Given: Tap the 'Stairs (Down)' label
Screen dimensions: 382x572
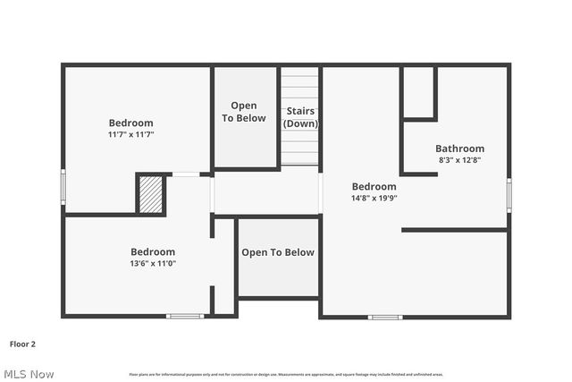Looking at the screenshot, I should [x=300, y=117].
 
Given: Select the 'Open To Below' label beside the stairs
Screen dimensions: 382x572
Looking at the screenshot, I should [x=244, y=112].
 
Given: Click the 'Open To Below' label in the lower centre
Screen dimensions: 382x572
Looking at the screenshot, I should [x=278, y=252].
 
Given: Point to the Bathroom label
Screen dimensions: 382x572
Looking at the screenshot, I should [x=459, y=149].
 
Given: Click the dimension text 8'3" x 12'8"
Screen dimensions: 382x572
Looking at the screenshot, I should [x=459, y=160].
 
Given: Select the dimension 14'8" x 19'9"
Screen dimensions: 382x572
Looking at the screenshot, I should [x=374, y=198].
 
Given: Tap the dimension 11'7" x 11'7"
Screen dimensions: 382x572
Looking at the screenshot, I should [x=130, y=134].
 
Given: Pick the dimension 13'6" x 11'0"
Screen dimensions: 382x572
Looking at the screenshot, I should [x=152, y=263].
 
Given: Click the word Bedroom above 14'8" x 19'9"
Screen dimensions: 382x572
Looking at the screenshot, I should [x=374, y=187].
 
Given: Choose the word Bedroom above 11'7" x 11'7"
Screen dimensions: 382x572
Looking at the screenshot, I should [x=130, y=123].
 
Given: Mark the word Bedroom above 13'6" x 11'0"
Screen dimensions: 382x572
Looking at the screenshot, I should [x=152, y=252].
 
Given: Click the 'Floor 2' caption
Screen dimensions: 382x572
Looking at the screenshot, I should [x=22, y=343].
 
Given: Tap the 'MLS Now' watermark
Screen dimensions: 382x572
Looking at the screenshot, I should [x=29, y=373].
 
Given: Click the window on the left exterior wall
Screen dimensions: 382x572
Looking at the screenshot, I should [x=63, y=187].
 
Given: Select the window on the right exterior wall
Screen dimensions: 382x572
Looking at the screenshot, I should [x=509, y=195].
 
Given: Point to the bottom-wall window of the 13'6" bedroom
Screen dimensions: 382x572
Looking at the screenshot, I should [x=185, y=316].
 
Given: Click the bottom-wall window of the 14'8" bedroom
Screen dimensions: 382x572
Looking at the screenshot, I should [x=385, y=317].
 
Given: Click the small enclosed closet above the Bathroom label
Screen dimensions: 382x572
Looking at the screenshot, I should [x=418, y=91].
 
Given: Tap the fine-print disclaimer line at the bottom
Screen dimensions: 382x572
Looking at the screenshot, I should [x=286, y=374].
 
